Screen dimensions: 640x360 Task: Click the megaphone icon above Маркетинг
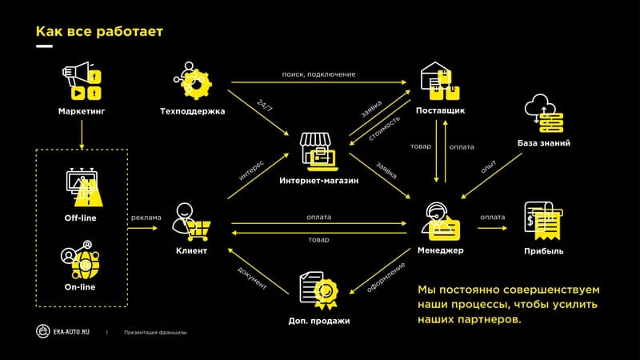point(82,82)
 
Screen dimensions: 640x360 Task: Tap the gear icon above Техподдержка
point(193,81)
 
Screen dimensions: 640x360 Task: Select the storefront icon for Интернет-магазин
point(319,151)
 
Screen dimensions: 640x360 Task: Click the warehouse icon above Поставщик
point(440,81)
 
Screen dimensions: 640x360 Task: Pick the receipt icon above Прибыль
point(544,222)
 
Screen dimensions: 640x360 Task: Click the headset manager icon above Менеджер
point(441,222)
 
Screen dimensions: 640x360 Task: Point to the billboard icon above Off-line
point(84,187)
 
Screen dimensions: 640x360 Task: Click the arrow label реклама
point(146,218)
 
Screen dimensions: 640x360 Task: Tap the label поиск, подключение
point(318,74)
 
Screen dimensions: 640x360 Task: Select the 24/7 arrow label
point(265,106)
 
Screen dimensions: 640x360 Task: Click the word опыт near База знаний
point(489,166)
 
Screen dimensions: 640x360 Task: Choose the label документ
point(252,278)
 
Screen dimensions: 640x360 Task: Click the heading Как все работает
point(99,31)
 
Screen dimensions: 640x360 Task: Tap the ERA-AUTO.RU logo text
point(71,332)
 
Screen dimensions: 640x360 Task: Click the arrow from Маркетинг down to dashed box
point(82,134)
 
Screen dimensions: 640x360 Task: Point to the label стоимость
point(384,128)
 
